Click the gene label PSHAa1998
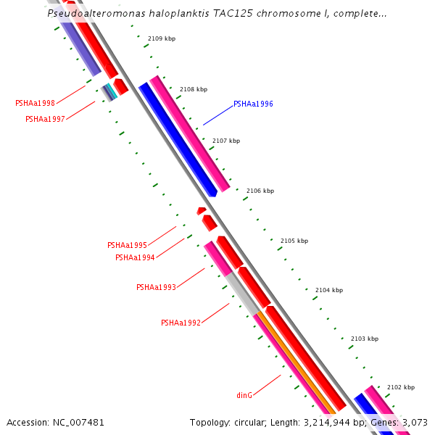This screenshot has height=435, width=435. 35,103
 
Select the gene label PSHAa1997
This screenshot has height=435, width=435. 45,119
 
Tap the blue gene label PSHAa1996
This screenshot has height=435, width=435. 253,104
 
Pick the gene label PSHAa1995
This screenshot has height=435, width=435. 127,245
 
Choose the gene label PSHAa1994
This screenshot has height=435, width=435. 135,257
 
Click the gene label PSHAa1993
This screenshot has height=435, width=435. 156,287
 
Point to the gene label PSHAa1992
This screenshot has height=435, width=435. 181,323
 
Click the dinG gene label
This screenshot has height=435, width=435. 244,395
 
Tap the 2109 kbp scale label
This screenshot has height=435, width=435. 161,38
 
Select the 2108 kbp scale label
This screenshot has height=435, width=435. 194,89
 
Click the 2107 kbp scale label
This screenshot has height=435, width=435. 226,141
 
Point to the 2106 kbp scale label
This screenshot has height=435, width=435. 260,191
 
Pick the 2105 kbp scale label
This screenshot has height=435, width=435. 294,241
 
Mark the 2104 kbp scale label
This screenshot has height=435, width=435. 329,290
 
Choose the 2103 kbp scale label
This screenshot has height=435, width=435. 365,339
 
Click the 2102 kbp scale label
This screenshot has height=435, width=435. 401,387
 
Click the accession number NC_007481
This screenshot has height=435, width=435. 79,422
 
